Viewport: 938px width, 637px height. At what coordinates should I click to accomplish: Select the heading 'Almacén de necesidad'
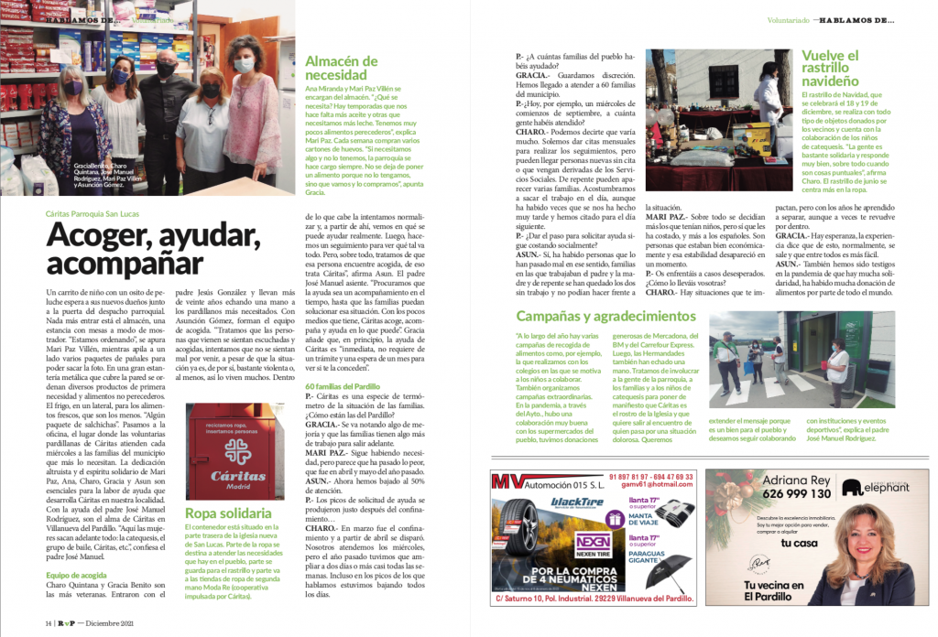tap(341, 70)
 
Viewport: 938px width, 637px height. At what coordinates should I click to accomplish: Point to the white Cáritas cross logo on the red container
tap(235, 450)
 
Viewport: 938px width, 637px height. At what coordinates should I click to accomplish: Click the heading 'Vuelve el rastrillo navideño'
tap(830, 69)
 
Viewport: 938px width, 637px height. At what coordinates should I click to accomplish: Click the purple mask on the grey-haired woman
tap(73, 89)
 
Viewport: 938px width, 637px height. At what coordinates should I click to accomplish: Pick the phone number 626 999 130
tap(793, 494)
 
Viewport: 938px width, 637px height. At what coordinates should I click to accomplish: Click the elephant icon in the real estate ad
tap(851, 487)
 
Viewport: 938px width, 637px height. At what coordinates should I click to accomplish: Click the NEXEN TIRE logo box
tap(594, 542)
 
